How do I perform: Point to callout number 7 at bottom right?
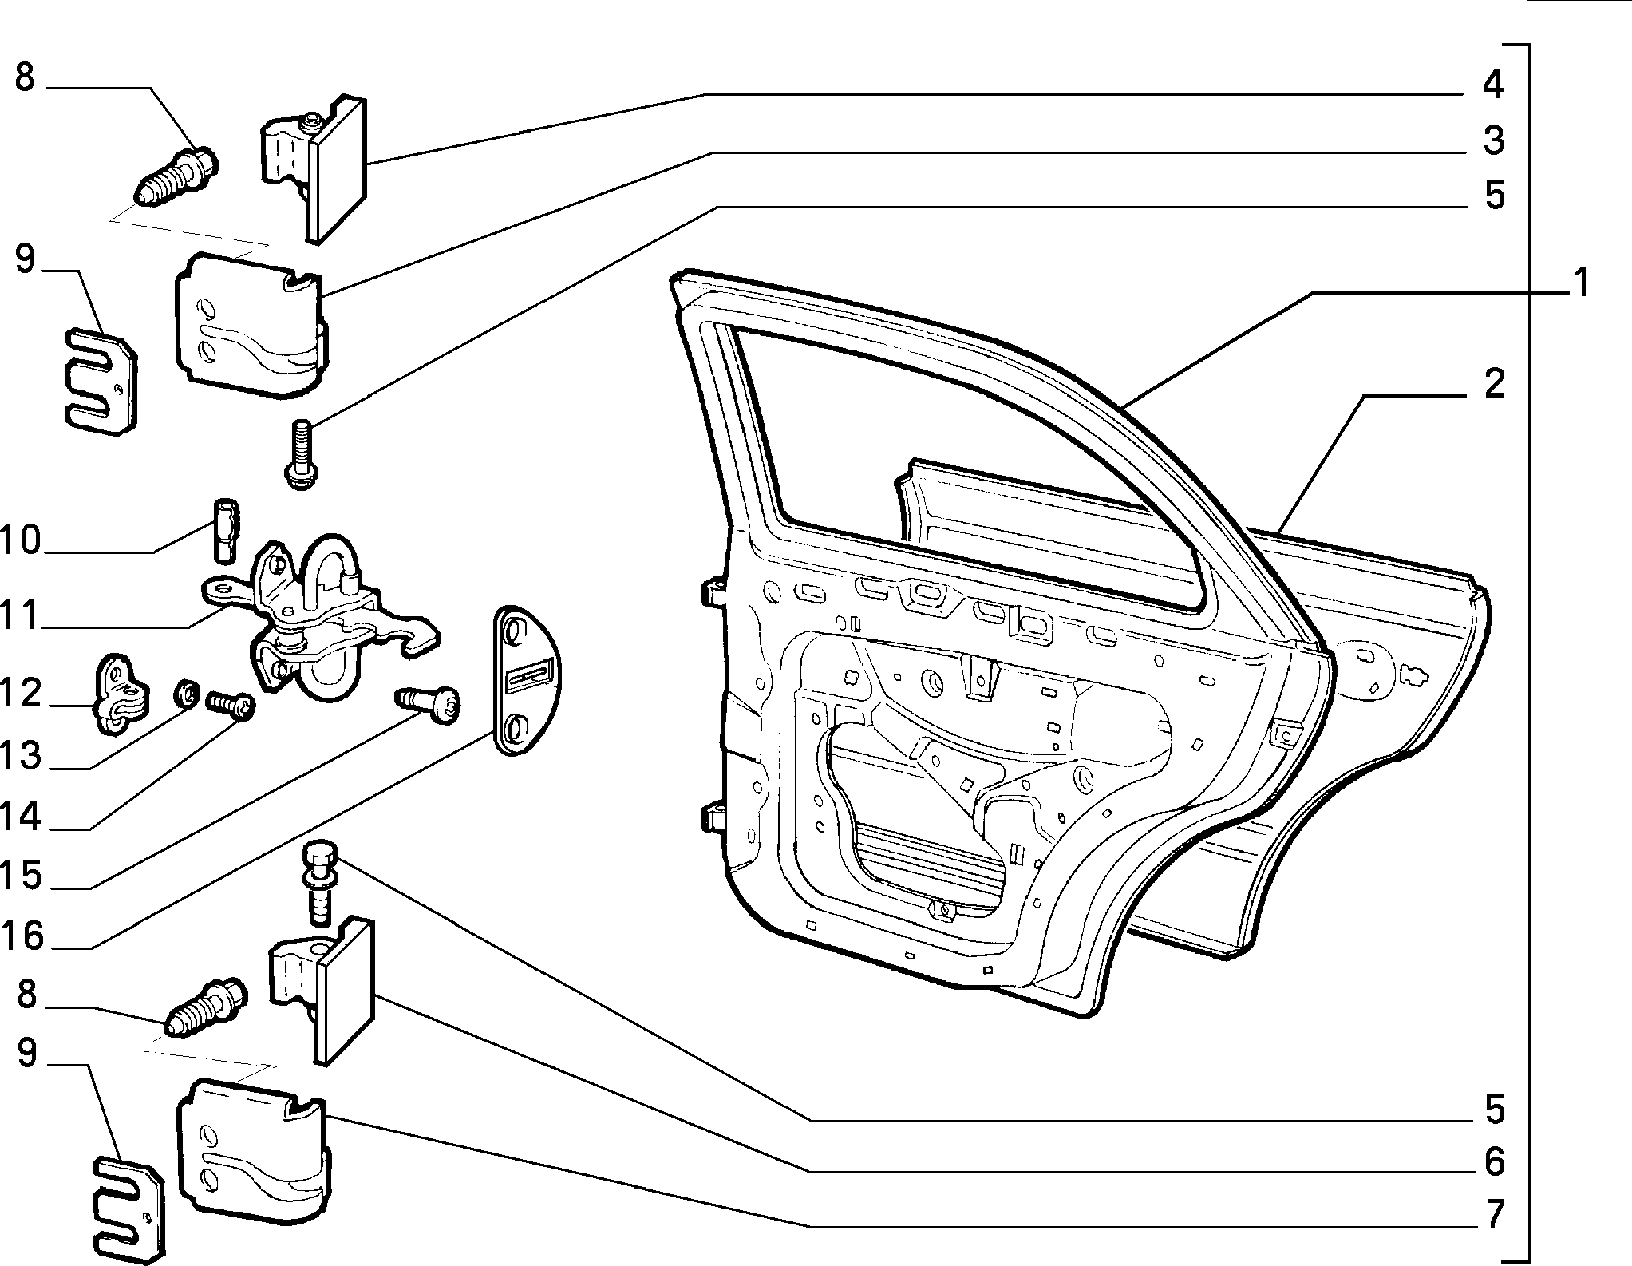[x=1493, y=1214]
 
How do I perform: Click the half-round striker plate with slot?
[x=528, y=679]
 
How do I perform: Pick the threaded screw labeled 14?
[x=230, y=706]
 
